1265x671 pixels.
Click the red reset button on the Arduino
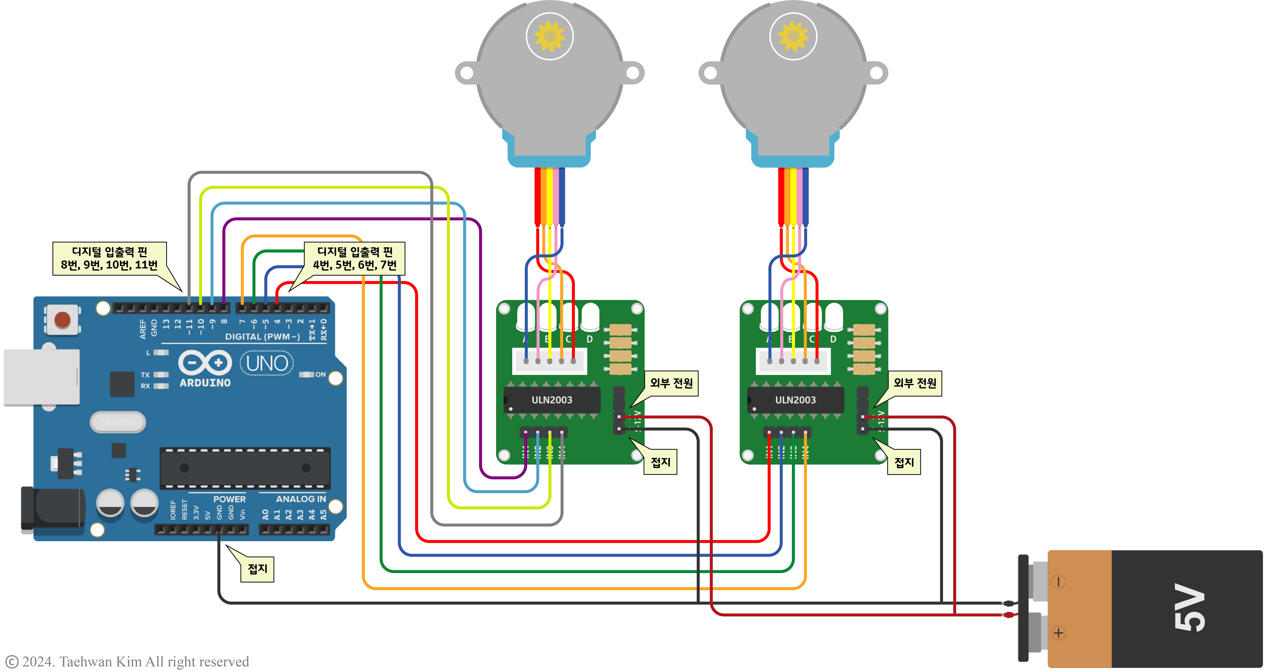pyautogui.click(x=62, y=320)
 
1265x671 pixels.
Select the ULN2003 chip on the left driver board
pyautogui.click(x=551, y=400)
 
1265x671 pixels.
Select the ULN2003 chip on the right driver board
pyautogui.click(x=795, y=400)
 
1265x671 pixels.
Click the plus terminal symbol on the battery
pyautogui.click(x=1058, y=633)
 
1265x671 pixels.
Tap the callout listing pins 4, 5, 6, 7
pyautogui.click(x=354, y=258)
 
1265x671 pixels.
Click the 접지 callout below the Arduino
pyautogui.click(x=257, y=569)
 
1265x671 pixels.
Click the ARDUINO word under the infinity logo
pyautogui.click(x=205, y=383)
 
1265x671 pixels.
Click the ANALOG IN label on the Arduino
pyautogui.click(x=301, y=499)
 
